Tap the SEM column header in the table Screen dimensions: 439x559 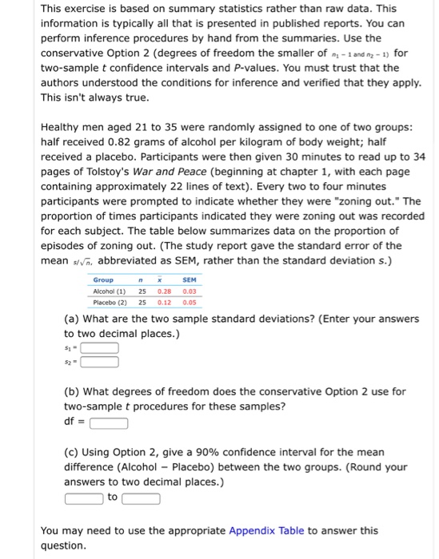(189, 280)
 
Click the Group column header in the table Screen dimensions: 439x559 (103, 280)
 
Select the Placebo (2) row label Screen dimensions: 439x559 (110, 303)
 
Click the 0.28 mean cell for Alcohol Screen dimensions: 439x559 (164, 291)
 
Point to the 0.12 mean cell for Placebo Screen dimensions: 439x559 (164, 303)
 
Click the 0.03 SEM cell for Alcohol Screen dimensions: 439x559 (189, 291)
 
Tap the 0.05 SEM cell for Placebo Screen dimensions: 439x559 (189, 303)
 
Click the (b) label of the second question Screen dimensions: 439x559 (71, 391)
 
